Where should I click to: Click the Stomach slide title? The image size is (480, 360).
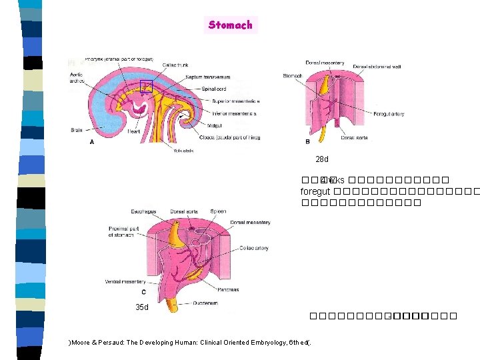click(x=230, y=25)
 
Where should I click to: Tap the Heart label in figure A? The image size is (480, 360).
click(x=133, y=132)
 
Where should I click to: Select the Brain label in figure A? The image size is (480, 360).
click(x=77, y=130)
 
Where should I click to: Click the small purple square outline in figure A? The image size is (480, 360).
click(x=146, y=86)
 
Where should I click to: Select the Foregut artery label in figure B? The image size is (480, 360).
click(x=388, y=114)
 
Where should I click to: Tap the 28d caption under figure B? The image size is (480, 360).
click(x=322, y=160)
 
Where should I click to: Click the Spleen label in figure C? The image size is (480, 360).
click(x=218, y=211)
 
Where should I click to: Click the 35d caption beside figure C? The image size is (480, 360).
click(x=141, y=307)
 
